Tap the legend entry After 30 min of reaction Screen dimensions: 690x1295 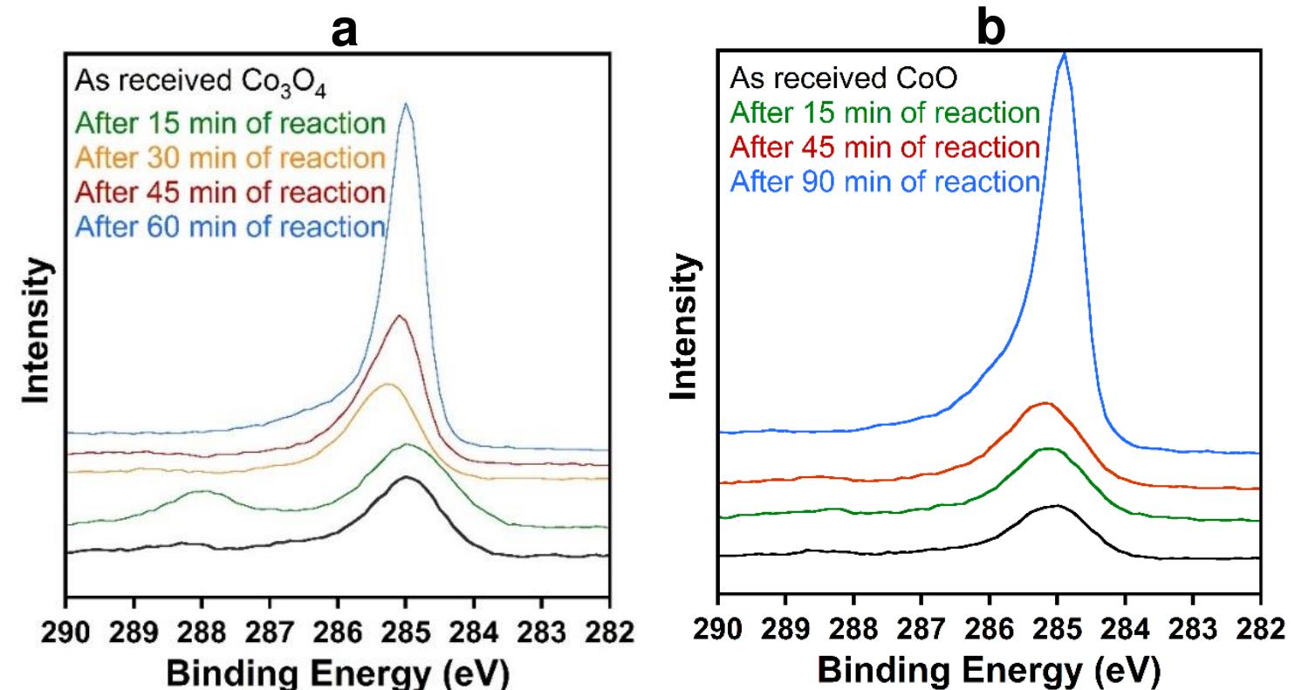tap(230, 158)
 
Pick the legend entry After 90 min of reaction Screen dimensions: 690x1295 tap(885, 181)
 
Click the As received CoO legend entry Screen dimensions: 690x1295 tap(844, 80)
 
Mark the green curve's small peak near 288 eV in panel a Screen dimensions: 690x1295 tap(203, 492)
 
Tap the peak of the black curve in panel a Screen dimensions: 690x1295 tap(406, 477)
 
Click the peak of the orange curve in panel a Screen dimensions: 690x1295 tap(388, 384)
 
